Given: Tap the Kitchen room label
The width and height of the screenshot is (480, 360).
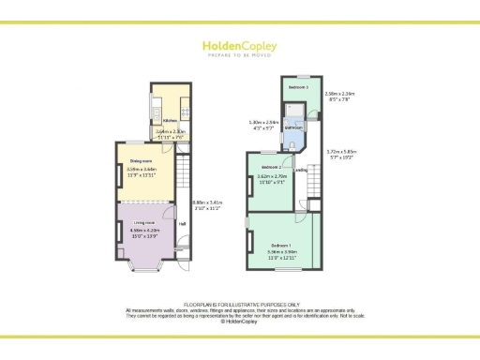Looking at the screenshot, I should pyautogui.click(x=171, y=121).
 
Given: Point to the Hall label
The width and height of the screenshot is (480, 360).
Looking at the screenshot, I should pyautogui.click(x=183, y=223).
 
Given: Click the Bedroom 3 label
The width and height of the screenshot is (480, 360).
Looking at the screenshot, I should pyautogui.click(x=299, y=86).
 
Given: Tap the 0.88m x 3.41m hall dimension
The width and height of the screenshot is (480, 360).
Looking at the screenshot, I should pyautogui.click(x=206, y=206).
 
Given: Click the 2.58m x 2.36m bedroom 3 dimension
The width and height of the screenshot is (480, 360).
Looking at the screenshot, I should pyautogui.click(x=337, y=97).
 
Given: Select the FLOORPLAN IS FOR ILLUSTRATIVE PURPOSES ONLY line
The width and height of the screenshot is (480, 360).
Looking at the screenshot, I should pyautogui.click(x=239, y=304).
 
